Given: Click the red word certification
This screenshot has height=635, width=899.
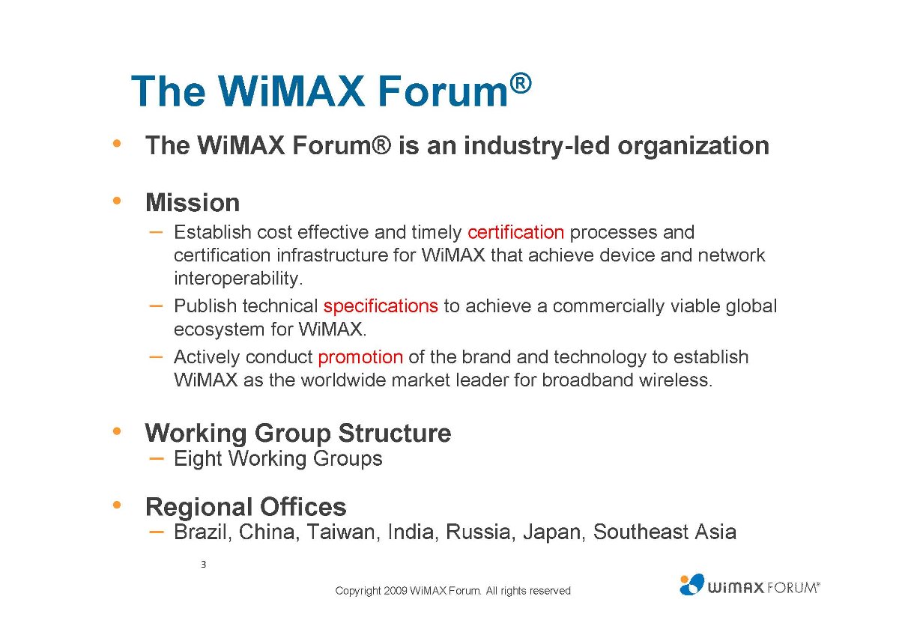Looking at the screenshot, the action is (515, 232).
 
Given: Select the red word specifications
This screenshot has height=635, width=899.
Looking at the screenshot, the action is (381, 306).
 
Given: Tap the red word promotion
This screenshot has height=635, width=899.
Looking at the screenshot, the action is (360, 357).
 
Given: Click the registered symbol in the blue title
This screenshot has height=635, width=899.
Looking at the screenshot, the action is (521, 84).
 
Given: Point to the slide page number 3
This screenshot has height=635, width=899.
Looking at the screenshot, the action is (204, 565).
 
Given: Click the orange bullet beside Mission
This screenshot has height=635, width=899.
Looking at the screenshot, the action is (117, 201).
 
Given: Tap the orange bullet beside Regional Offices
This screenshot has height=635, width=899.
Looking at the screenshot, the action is (117, 505).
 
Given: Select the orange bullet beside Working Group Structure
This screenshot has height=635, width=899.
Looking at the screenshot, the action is (117, 431).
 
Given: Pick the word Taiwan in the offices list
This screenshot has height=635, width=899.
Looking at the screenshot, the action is (340, 532).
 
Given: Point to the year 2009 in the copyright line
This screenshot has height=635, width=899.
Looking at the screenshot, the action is (396, 591).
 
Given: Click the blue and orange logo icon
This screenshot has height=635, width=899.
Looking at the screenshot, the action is (691, 585).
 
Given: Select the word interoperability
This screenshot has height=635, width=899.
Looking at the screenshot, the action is (238, 279).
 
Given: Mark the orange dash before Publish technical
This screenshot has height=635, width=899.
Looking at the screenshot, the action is (156, 306).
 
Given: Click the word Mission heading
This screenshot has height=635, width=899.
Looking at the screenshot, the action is (193, 203).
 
